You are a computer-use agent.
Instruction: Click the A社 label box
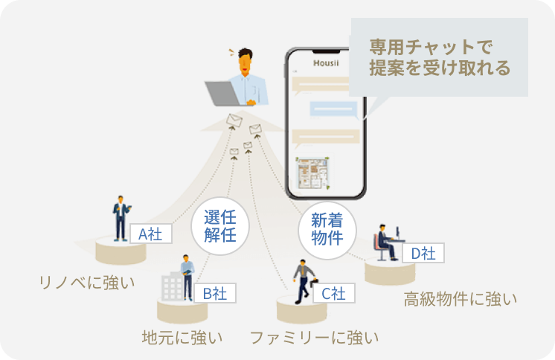pos(151,234)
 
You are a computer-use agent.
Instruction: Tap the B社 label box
pos(215,293)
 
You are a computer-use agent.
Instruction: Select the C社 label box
pos(334,293)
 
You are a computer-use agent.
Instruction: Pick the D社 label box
pos(423,253)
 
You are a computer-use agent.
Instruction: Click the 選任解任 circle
pos(220,226)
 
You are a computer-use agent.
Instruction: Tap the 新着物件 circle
pos(327,230)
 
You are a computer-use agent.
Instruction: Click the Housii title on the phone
pos(326,63)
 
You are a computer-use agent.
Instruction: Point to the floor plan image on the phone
pos(313,173)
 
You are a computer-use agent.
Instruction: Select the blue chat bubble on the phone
pos(334,109)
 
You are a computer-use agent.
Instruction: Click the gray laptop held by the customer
pos(223,94)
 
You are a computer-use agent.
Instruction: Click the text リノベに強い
pos(87,283)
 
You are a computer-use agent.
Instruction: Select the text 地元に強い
pos(182,338)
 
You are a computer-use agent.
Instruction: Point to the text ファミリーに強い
pos(314,338)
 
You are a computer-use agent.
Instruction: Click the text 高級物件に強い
pos(461,299)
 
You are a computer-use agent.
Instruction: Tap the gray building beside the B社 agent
pos(172,286)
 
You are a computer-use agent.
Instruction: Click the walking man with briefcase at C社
pos(304,281)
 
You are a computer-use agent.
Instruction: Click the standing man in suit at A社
pos(121,219)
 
